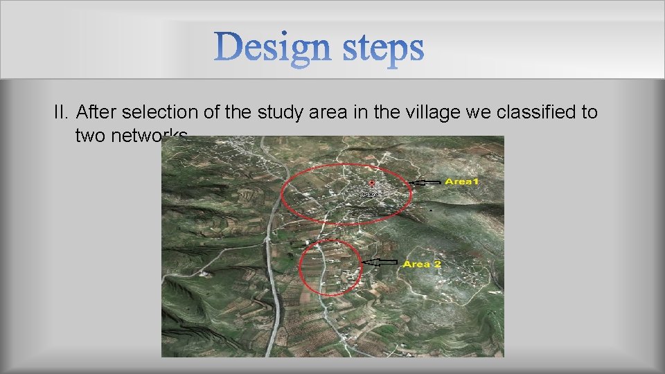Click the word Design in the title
click(x=267, y=48)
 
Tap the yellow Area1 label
click(x=462, y=181)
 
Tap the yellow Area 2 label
click(x=422, y=264)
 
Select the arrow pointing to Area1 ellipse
click(x=425, y=182)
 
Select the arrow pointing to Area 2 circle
click(x=380, y=262)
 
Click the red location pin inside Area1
click(x=372, y=184)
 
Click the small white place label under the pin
click(x=370, y=195)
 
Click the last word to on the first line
click(x=589, y=113)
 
